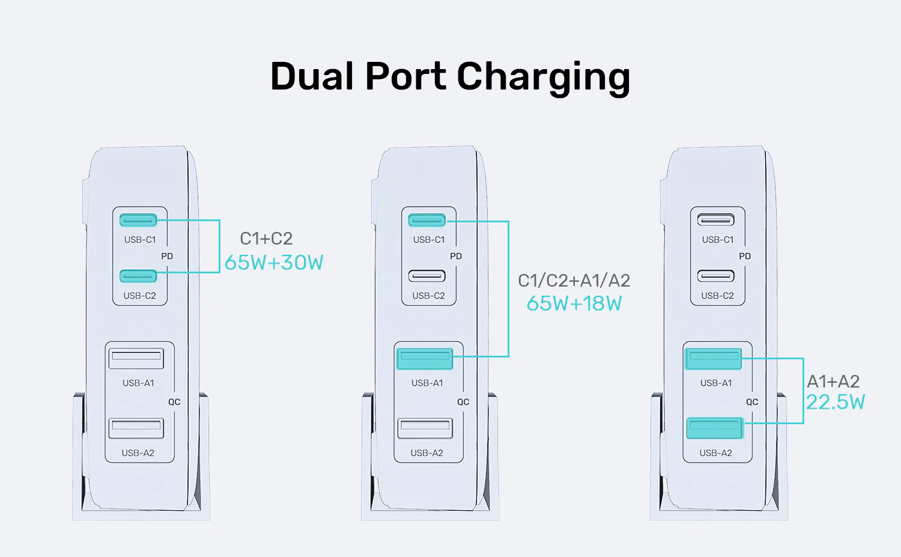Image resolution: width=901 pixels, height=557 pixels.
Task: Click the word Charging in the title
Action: coord(543,77)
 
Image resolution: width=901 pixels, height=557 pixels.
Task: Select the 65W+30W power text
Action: coord(274,263)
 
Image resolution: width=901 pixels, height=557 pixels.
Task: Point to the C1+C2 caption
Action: coord(266,239)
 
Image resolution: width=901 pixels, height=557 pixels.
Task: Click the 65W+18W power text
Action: coord(574,303)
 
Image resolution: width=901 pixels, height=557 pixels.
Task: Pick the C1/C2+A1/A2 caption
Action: coord(574,281)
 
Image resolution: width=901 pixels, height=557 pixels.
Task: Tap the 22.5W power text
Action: coord(835,402)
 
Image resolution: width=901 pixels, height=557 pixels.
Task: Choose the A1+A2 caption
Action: coord(833,382)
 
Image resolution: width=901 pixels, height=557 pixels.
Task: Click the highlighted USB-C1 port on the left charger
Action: coord(138,221)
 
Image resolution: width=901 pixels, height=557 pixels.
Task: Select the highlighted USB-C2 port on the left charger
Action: coord(138,276)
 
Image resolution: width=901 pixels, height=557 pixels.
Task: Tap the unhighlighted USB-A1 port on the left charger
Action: coord(136,358)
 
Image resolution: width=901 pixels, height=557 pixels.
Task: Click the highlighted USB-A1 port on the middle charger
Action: coord(425,359)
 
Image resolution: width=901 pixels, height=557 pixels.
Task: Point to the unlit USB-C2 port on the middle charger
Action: coord(427,276)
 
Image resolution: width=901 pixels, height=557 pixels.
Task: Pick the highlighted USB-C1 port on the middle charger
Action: coord(427,221)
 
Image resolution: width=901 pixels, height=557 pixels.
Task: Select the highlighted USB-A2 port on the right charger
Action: coord(715,428)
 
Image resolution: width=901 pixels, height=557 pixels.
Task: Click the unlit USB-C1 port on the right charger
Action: coord(716,220)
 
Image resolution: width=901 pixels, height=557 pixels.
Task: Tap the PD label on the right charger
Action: coord(745,256)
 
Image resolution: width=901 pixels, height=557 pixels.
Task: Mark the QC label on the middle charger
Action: coord(463,402)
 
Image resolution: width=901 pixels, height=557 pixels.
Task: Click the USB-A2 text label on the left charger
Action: coord(138,453)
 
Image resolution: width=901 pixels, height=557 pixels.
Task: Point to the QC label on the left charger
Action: coord(174,402)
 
